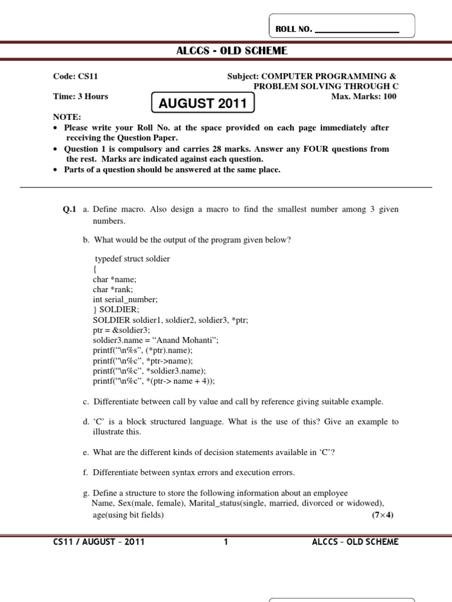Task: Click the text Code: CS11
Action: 76,76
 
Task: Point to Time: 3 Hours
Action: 81,96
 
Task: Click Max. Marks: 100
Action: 364,96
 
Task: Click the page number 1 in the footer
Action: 225,542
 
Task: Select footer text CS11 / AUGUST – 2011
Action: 99,542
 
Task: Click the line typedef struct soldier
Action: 132,259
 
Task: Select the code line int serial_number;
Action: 125,299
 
